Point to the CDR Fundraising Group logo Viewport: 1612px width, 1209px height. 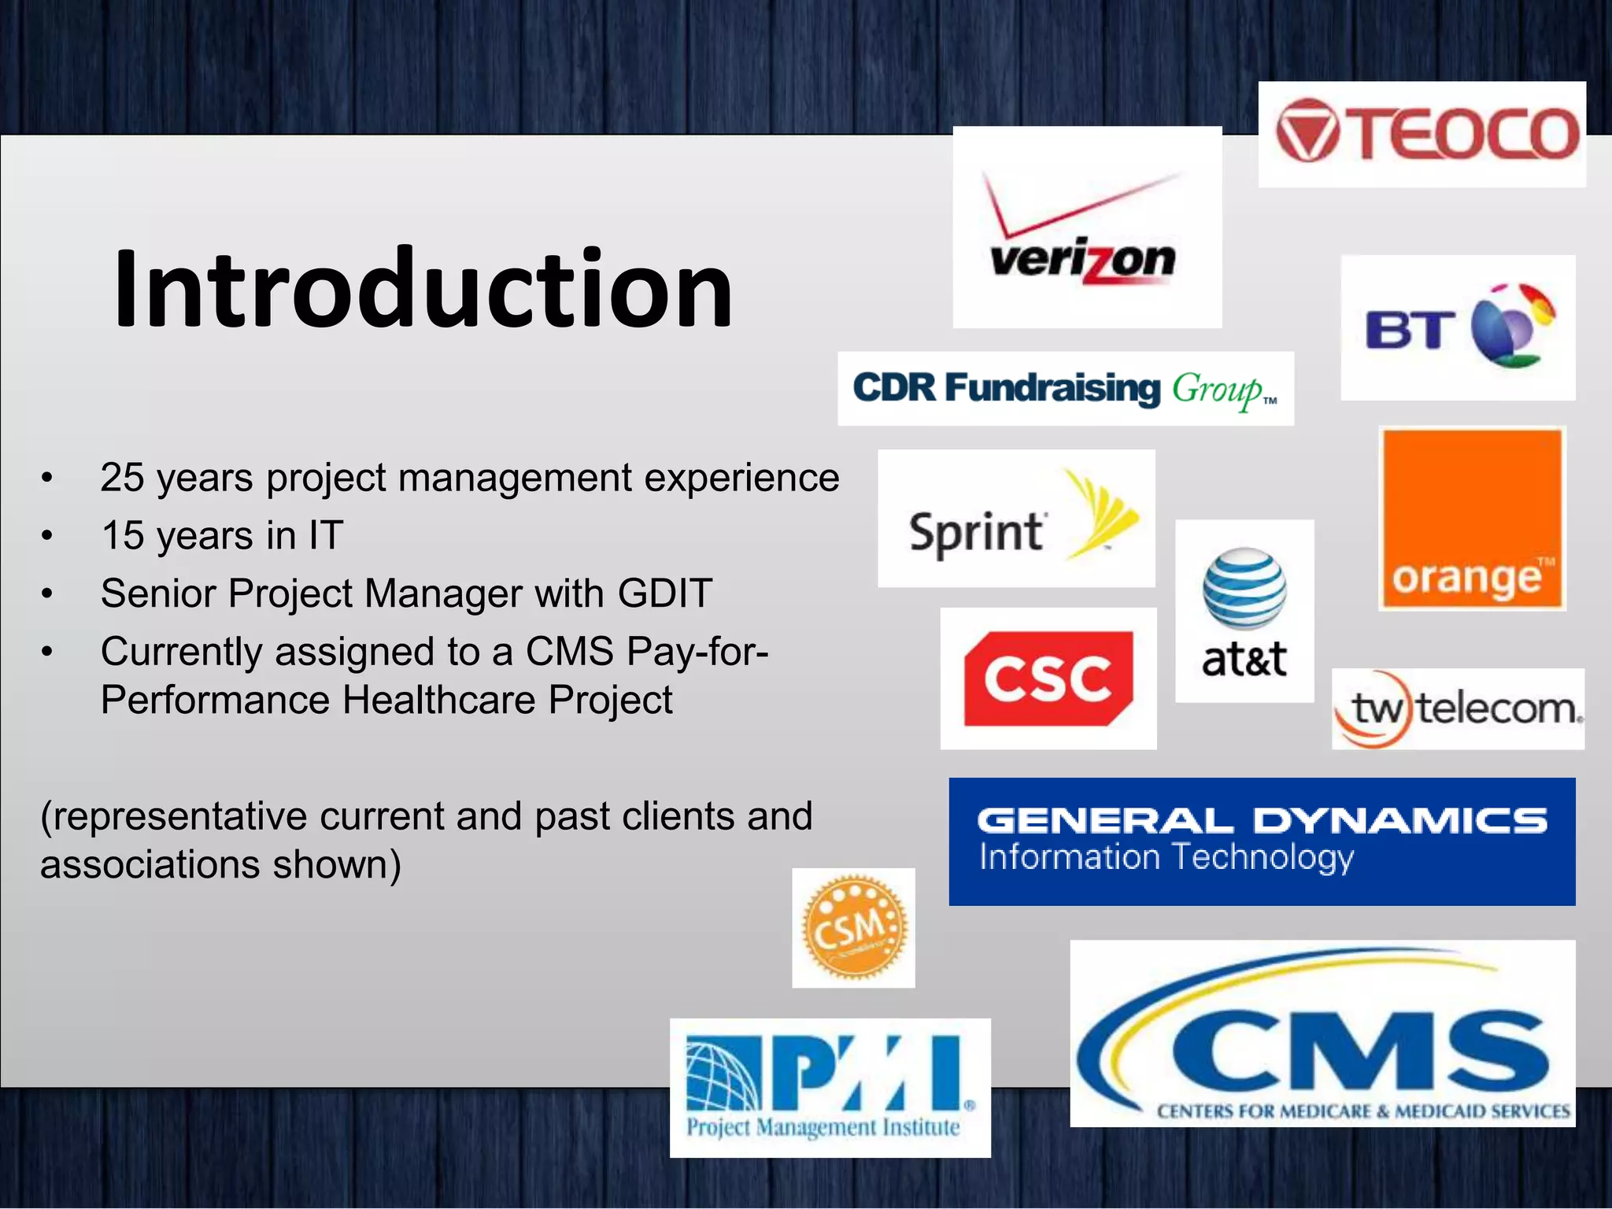(x=1064, y=389)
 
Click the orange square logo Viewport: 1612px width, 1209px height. (x=1471, y=518)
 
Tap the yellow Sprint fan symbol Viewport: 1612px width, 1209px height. (x=1101, y=515)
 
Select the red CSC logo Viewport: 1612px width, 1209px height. (x=1048, y=678)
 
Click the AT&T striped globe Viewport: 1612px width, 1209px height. (x=1244, y=587)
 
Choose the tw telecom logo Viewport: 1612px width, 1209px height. (x=1457, y=708)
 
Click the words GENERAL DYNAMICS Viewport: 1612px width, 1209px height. (x=1262, y=820)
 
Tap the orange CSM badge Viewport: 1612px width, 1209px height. (x=853, y=929)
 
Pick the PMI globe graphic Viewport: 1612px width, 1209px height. (x=723, y=1075)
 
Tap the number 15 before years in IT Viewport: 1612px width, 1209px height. (x=123, y=536)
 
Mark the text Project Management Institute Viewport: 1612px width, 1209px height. (x=823, y=1127)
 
